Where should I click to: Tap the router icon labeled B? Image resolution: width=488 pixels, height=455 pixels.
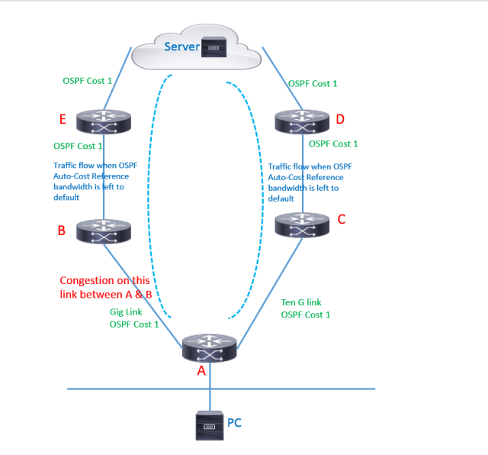(x=104, y=230)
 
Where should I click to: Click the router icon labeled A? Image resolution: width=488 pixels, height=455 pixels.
(x=210, y=347)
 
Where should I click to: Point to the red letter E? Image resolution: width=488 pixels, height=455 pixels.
(x=63, y=120)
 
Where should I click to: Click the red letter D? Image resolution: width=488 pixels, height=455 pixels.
(x=340, y=119)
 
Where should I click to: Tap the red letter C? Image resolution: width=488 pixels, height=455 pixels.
(x=341, y=219)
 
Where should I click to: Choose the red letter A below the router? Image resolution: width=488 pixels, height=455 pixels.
(x=201, y=371)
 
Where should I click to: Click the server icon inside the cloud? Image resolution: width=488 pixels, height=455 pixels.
(x=210, y=48)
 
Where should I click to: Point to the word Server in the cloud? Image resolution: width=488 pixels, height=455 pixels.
(x=181, y=47)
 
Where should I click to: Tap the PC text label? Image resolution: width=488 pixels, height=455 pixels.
(x=235, y=421)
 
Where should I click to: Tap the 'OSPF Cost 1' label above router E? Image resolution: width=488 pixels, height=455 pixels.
(x=87, y=80)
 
